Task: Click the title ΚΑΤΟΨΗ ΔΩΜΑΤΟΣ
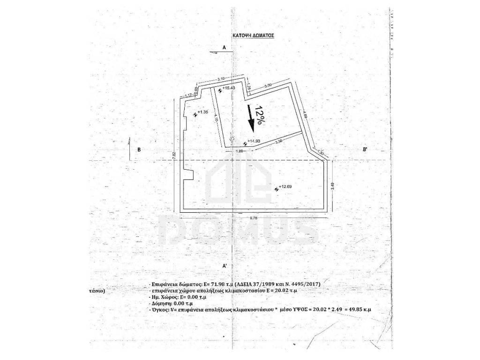tap(253, 35)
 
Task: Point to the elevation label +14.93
tap(254, 141)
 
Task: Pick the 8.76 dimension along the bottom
tap(255, 217)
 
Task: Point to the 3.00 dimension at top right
tap(268, 85)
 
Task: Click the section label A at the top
tap(225, 48)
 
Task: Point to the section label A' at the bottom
tap(225, 266)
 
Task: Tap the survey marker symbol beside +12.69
tap(276, 189)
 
